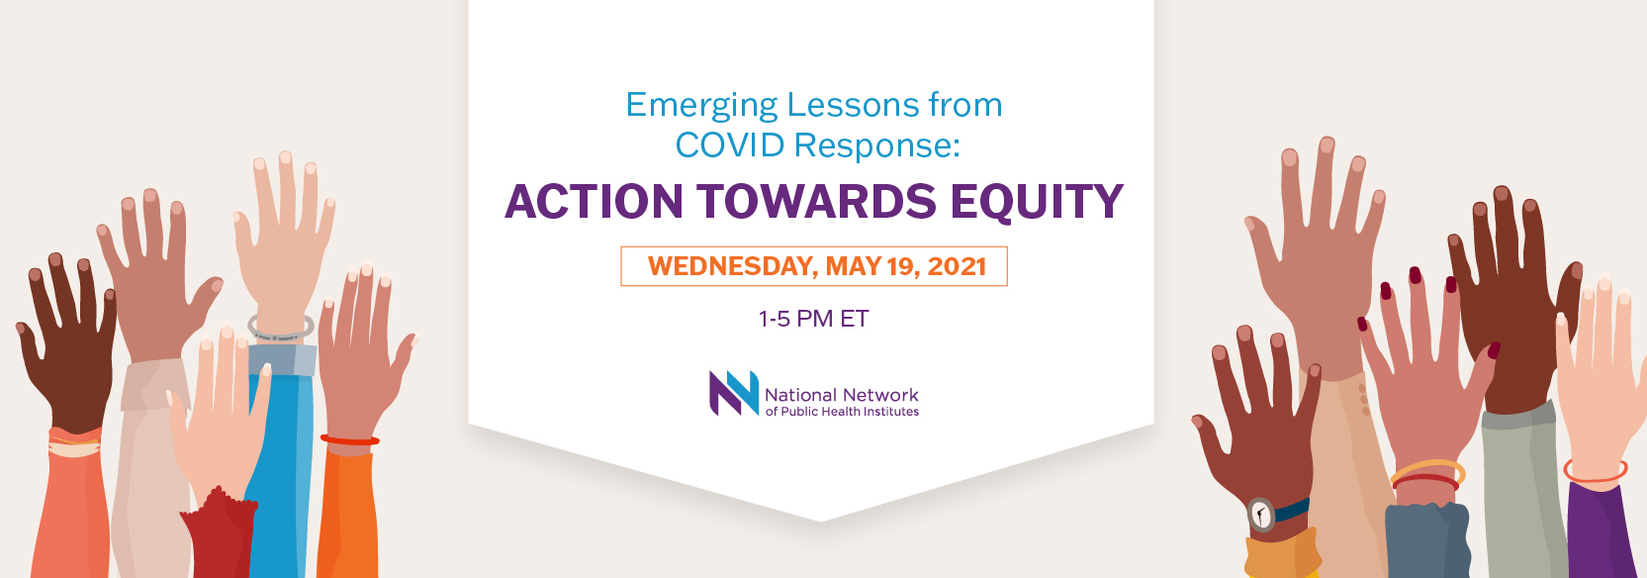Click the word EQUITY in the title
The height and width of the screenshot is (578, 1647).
pyautogui.click(x=1037, y=202)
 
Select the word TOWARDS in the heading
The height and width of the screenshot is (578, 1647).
pyautogui.click(x=816, y=202)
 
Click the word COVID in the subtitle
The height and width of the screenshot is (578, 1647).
pyautogui.click(x=730, y=144)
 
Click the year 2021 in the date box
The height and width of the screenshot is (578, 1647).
pyautogui.click(x=957, y=265)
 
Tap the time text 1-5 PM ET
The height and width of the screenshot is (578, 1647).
pyautogui.click(x=813, y=319)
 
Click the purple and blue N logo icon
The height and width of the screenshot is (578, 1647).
pyautogui.click(x=734, y=393)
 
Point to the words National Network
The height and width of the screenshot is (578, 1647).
pyautogui.click(x=842, y=395)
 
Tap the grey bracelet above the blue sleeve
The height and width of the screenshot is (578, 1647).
pyautogui.click(x=281, y=329)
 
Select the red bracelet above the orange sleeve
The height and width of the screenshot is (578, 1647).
pyautogui.click(x=350, y=439)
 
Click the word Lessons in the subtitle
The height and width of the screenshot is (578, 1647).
pyautogui.click(x=853, y=105)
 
